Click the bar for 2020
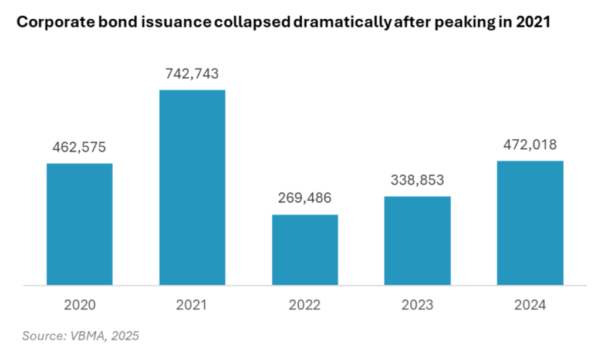[79, 224]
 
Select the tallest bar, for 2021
[192, 188]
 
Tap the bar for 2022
[305, 250]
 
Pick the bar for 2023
[417, 241]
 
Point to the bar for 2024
[530, 223]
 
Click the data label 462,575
[79, 147]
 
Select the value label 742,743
[192, 73]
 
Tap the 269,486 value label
[305, 198]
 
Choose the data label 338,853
[417, 180]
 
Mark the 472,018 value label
[530, 144]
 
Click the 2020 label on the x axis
[79, 305]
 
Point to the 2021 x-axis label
[192, 305]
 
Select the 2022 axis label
[305, 305]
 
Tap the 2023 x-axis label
[417, 305]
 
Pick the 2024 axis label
[530, 305]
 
